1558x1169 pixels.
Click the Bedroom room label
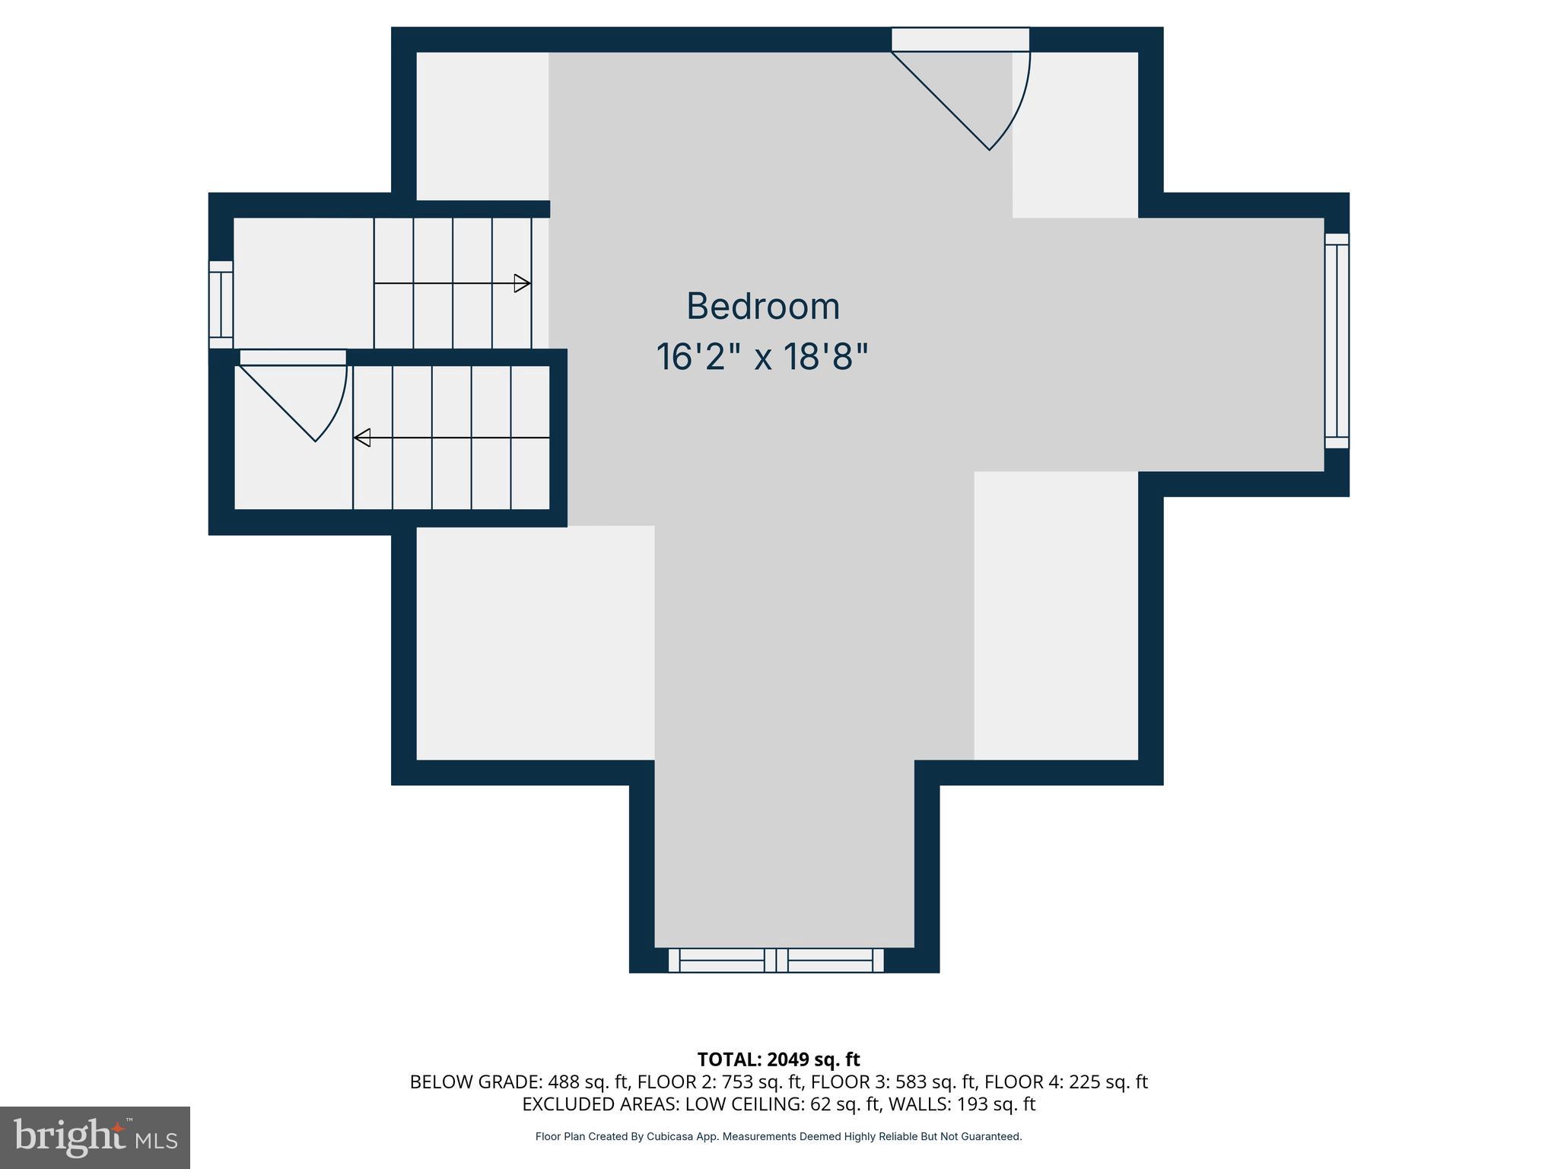tap(762, 306)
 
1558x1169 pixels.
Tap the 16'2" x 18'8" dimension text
tap(762, 356)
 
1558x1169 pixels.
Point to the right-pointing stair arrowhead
tap(522, 283)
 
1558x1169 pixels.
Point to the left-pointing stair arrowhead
tap(362, 438)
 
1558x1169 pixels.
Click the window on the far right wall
tap(1337, 340)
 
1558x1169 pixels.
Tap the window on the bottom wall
tap(776, 960)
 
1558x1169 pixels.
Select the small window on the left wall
tap(221, 304)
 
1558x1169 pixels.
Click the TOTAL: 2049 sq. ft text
tap(778, 1059)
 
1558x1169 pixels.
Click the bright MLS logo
tap(95, 1137)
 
